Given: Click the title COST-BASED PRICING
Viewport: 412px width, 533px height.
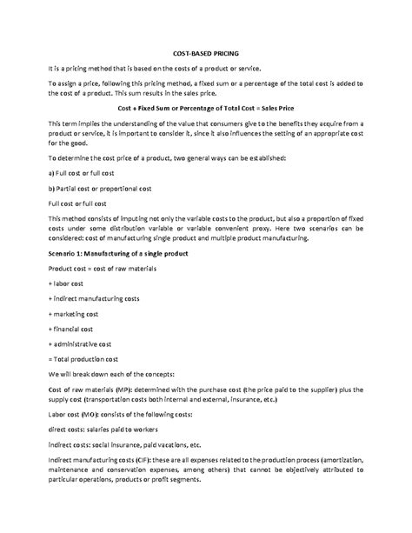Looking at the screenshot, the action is pyautogui.click(x=206, y=52).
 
